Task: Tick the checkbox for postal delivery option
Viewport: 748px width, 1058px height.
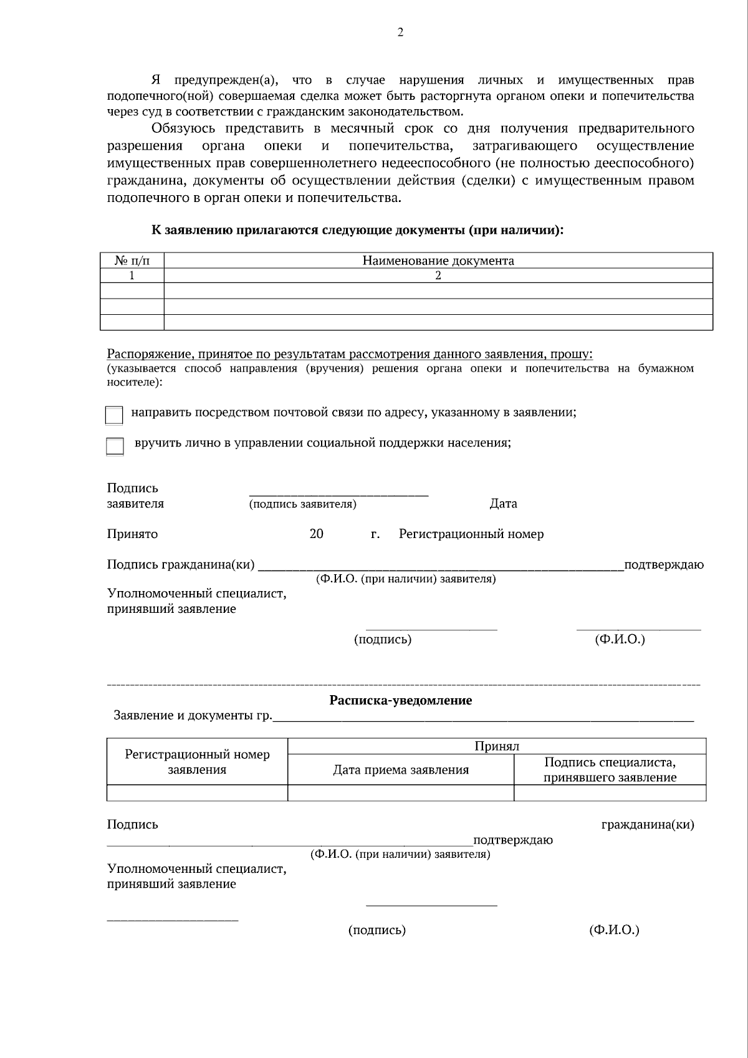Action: (114, 415)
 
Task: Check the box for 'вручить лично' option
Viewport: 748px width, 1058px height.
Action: (115, 446)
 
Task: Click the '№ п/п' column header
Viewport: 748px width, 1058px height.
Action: (132, 261)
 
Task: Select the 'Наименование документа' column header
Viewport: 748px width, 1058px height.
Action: (438, 261)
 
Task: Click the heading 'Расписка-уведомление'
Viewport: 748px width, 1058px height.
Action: (400, 700)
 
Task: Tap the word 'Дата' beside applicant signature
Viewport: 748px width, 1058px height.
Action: (503, 503)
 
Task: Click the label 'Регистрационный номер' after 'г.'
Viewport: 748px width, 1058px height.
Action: (471, 534)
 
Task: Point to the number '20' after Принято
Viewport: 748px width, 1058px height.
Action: (316, 534)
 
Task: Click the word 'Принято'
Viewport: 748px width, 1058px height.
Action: (132, 534)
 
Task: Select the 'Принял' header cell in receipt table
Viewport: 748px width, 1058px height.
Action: (496, 746)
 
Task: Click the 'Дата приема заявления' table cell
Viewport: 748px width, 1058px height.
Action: (400, 769)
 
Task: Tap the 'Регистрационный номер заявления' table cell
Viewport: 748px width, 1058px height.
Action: (197, 762)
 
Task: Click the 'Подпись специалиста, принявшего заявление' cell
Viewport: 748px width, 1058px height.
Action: (610, 769)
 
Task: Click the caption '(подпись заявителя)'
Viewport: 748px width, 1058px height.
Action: (302, 504)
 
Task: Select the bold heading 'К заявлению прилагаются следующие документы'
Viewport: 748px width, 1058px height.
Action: (357, 229)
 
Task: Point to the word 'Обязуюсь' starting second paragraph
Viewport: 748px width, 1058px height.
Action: (183, 128)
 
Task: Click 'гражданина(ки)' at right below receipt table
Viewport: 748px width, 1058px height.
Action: (647, 824)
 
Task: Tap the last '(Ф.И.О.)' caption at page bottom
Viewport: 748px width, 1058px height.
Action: (614, 930)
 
